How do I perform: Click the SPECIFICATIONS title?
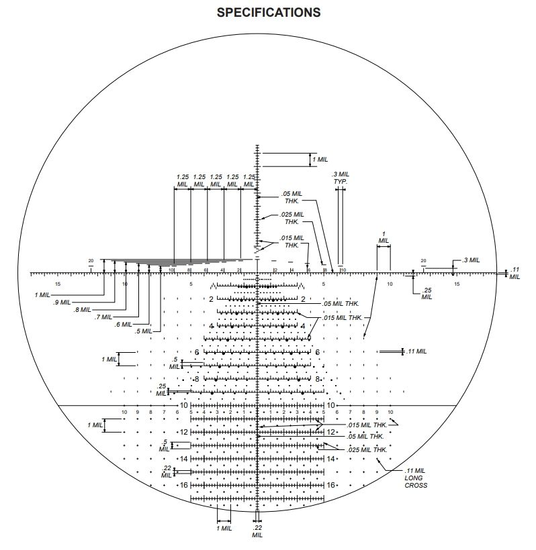pos(269,12)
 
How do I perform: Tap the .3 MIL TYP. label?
pos(341,178)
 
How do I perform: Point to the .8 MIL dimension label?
pos(83,309)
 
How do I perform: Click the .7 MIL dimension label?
pos(103,317)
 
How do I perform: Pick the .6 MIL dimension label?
pos(123,324)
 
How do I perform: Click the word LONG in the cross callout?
pos(415,478)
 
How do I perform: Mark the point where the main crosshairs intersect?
pos(258,273)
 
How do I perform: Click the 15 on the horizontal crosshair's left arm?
pos(58,284)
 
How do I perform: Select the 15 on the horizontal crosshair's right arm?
pos(457,284)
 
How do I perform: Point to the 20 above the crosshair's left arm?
pos(91,261)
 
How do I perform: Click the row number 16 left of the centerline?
pos(183,485)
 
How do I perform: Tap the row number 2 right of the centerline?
pos(303,299)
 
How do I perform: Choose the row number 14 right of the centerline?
pos(330,459)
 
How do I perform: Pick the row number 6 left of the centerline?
pos(197,352)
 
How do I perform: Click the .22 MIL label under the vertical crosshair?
pos(257,531)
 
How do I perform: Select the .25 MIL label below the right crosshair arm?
pos(427,294)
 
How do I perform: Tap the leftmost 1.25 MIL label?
pos(182,180)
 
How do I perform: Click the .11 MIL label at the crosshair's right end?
pos(515,273)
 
